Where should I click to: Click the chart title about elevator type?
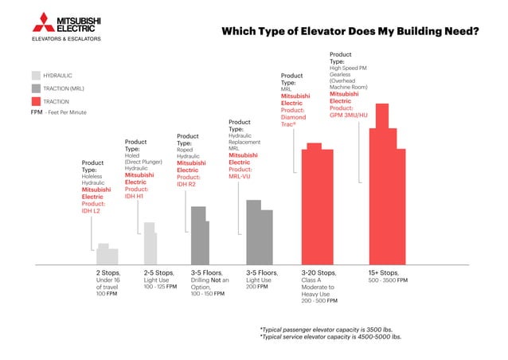click(350, 32)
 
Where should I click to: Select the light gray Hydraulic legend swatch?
click(36, 75)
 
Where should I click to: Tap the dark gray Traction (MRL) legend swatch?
click(36, 88)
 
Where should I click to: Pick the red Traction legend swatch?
click(36, 102)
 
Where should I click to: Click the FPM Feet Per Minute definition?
click(58, 113)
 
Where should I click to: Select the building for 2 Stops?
click(107, 255)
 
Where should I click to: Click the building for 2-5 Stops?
click(150, 244)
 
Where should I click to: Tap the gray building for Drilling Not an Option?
click(199, 236)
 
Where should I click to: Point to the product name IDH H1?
click(135, 195)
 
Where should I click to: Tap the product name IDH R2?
click(186, 184)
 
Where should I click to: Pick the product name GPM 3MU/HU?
click(349, 115)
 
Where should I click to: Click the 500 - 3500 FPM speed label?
click(388, 280)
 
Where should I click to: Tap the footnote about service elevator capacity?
click(330, 336)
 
